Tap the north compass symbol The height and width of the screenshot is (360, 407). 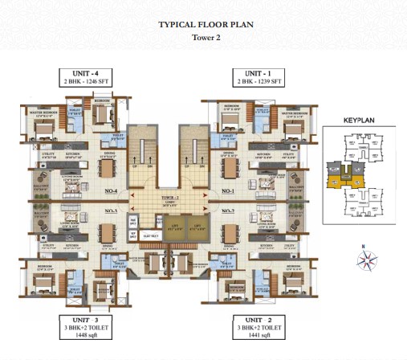[x=368, y=259]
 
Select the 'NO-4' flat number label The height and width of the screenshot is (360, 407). [x=111, y=191]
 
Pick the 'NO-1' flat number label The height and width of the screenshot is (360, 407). [x=227, y=191]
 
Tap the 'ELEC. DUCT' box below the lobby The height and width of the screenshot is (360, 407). [x=149, y=235]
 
